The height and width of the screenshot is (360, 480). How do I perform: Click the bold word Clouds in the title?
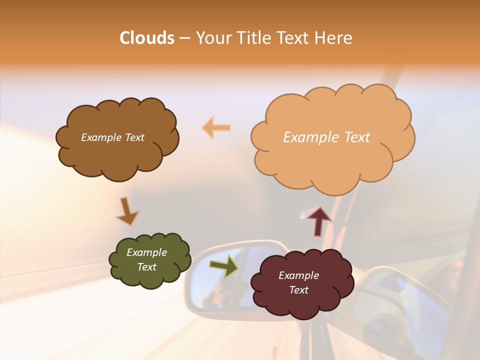pos(147,38)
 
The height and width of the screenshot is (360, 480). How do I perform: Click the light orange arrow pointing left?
pos(216,127)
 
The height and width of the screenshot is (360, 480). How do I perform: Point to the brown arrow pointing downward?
pos(127,211)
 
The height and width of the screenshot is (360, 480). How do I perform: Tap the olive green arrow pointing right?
pos(224,265)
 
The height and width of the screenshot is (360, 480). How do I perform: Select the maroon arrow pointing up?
pos(318,221)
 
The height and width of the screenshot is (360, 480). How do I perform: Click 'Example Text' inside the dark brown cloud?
pos(112,137)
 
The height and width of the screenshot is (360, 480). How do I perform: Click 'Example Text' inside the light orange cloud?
pos(326,137)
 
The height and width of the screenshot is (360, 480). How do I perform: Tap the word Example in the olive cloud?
pos(146,252)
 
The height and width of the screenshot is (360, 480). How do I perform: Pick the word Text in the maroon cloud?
pos(298,290)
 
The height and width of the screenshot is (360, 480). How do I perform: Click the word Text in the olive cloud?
pos(146,267)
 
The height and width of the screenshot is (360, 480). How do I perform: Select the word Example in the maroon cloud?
pos(298,275)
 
